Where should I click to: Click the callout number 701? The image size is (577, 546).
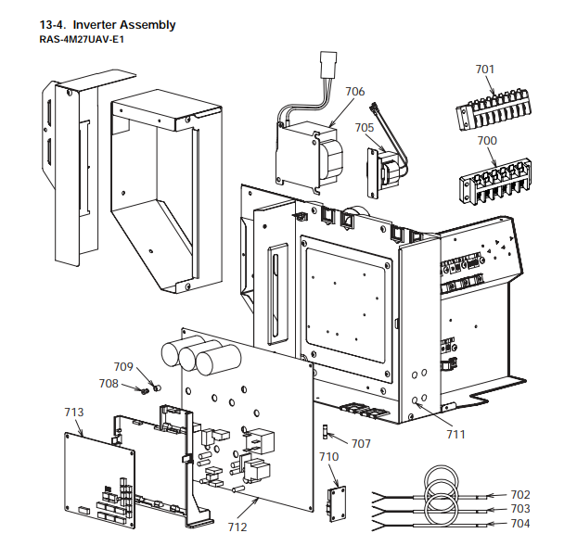click(485, 69)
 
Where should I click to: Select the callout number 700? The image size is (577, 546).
click(487, 140)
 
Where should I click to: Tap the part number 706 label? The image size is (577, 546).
click(354, 91)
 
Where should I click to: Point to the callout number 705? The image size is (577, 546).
click(364, 127)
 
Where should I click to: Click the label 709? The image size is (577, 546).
click(123, 366)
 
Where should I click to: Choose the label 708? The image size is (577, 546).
click(109, 383)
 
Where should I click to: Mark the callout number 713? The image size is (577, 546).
click(74, 412)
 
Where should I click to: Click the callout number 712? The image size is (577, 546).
click(237, 528)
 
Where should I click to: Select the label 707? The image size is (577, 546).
click(361, 443)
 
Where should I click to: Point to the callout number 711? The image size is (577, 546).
click(455, 433)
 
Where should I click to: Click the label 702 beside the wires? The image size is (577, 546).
click(520, 494)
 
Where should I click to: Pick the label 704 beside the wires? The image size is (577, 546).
click(520, 524)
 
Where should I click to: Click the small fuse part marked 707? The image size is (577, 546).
click(325, 432)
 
